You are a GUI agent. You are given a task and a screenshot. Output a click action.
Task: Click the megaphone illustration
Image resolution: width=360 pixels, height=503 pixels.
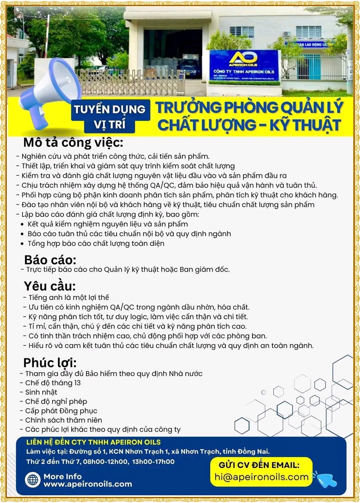52,92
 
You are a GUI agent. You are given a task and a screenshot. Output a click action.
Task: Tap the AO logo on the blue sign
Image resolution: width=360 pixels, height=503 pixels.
243,58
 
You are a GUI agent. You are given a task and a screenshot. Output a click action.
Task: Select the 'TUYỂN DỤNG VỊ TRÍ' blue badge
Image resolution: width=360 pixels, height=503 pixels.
110,116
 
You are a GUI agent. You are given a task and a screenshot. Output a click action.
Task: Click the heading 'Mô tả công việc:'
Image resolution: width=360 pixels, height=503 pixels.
73,142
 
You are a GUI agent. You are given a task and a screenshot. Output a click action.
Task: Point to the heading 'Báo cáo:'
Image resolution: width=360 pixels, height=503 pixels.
50,260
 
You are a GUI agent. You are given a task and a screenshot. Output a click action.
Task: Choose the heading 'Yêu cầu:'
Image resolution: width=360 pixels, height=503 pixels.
49,286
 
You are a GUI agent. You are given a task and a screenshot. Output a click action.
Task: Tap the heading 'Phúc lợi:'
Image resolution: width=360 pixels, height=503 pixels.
50,363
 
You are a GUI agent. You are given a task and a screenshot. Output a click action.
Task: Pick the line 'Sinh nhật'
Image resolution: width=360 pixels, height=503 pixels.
41,392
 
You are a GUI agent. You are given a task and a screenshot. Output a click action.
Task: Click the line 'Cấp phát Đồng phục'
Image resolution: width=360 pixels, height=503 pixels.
61,411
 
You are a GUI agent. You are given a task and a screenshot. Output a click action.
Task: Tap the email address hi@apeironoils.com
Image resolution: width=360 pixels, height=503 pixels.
261,477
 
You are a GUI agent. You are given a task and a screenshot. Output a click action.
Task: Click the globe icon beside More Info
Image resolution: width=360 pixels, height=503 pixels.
33,480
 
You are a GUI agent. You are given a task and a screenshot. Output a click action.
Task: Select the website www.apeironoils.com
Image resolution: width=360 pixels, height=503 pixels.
88,484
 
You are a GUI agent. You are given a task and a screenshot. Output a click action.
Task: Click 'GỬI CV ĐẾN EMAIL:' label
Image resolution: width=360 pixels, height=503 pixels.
259,465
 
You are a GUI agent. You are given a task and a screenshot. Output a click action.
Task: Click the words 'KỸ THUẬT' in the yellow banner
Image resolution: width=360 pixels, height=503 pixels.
305,125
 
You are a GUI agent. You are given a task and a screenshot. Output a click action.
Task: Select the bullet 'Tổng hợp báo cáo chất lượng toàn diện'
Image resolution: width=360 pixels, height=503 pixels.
96,244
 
